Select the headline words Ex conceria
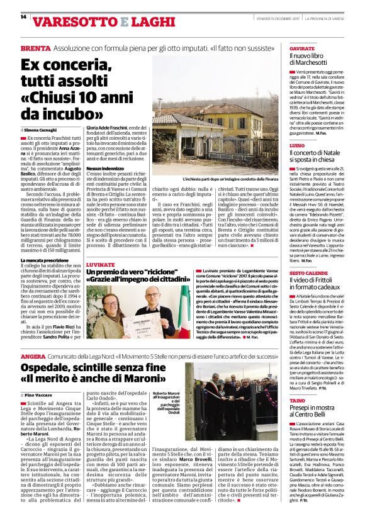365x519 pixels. tap(60, 66)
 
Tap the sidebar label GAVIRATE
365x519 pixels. tap(302, 48)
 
